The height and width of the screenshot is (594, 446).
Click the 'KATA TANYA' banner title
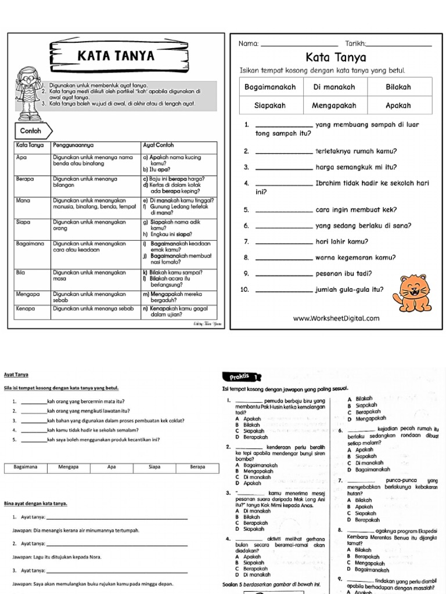pos(116,56)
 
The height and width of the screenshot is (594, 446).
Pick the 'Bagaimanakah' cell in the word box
pos(271,87)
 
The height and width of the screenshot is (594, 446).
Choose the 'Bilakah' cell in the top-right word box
pos(398,87)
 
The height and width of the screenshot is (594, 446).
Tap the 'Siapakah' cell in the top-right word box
pos(271,106)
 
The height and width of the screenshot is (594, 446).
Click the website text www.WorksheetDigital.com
pos(336,318)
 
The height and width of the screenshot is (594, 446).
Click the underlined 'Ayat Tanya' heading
pos(16,375)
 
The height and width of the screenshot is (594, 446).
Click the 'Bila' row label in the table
pos(22,272)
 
